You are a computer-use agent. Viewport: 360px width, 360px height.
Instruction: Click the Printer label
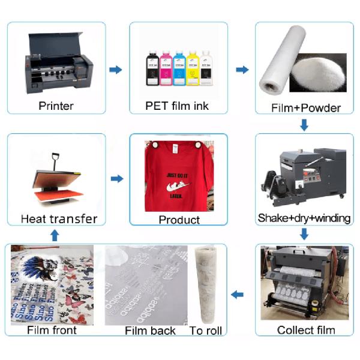(x=56, y=106)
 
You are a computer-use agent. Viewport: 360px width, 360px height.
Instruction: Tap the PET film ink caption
(x=178, y=106)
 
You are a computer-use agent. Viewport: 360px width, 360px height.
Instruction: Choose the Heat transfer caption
(x=59, y=218)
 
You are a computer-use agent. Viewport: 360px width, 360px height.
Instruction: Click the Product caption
(x=179, y=220)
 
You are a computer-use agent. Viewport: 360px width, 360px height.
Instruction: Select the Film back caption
(x=150, y=331)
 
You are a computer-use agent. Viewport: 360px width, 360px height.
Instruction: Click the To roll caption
(x=206, y=331)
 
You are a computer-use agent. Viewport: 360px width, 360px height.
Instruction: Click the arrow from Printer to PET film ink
(x=116, y=70)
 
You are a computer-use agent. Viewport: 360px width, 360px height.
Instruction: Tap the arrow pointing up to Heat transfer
(x=55, y=236)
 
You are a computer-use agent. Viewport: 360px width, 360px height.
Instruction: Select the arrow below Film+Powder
(x=304, y=125)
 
